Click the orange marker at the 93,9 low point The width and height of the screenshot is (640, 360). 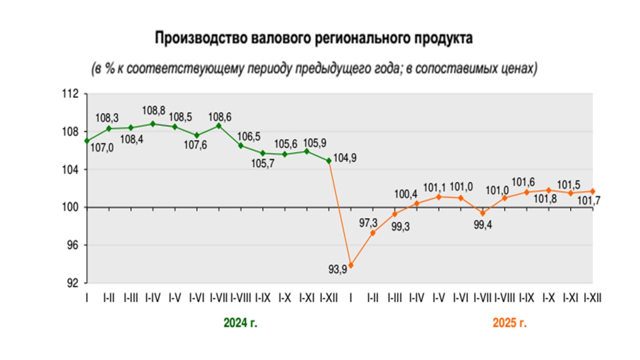coord(351,265)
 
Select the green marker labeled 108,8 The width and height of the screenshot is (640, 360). coord(152,124)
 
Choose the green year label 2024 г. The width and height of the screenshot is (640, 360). coord(240,323)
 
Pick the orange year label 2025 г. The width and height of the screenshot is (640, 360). coord(509,323)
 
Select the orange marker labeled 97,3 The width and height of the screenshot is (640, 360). coord(373,233)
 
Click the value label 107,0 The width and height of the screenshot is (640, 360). coord(102,148)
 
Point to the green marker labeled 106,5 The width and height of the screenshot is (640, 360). coord(240,145)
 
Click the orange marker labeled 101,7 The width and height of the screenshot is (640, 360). coord(593,191)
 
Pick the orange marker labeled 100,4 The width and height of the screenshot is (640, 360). coord(417,203)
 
